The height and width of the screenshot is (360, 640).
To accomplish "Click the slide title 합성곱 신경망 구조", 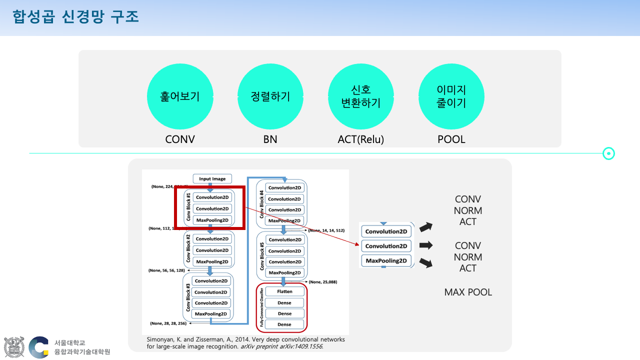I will click(x=76, y=17).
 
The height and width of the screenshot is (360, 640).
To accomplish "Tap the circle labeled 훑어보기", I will click(x=180, y=96).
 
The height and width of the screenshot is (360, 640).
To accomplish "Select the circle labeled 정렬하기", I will click(x=270, y=96).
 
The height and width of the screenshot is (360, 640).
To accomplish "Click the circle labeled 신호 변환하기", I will click(x=361, y=96).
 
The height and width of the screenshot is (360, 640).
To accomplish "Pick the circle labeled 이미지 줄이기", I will click(x=451, y=96).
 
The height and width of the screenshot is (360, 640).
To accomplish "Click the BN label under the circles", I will click(x=270, y=139).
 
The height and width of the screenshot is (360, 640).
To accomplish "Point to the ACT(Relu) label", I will click(x=361, y=139).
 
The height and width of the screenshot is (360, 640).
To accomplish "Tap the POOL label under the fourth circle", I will click(x=451, y=139).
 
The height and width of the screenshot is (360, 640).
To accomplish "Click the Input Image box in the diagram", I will click(x=212, y=179).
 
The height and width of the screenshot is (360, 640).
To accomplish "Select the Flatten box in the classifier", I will click(x=284, y=291).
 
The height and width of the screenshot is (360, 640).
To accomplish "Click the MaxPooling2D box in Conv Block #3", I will click(x=212, y=314).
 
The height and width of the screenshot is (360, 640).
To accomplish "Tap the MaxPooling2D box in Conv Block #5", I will click(x=284, y=273).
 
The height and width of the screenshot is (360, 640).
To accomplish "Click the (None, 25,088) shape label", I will click(x=323, y=282).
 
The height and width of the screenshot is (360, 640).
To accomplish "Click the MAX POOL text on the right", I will click(x=468, y=292).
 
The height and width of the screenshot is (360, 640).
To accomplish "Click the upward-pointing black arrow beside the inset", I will click(x=425, y=227).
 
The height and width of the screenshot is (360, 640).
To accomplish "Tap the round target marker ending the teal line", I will click(x=608, y=153).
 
